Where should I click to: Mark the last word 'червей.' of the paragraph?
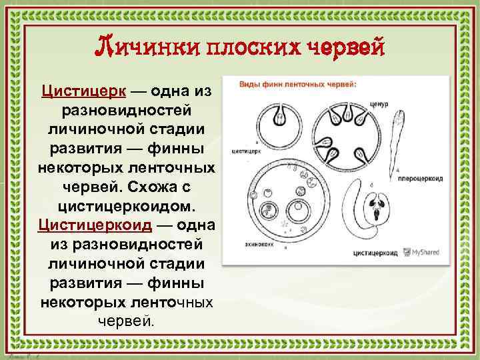pyautogui.click(x=126, y=321)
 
